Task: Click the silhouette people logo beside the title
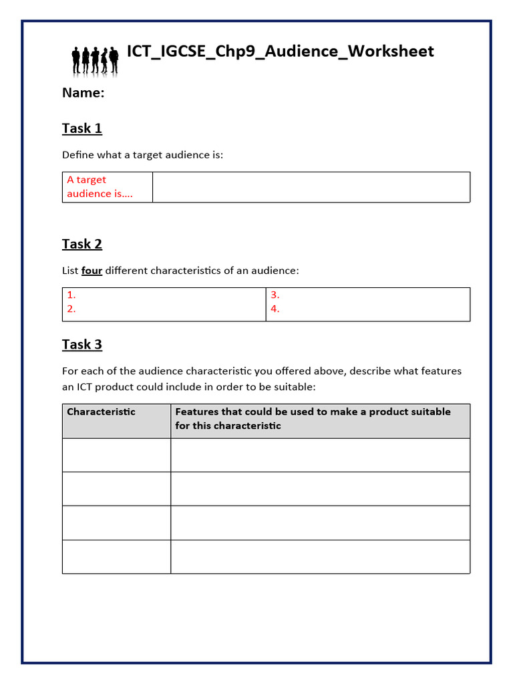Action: [x=94, y=59]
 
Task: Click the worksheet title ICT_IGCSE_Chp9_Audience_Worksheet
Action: [x=280, y=51]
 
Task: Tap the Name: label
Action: [x=83, y=93]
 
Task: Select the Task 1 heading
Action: [x=82, y=128]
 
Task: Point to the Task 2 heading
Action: [x=82, y=244]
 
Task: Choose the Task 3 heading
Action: [x=82, y=345]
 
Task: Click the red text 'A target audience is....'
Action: [x=100, y=186]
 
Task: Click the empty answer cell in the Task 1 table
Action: [x=311, y=187]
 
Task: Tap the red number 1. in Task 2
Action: [x=71, y=295]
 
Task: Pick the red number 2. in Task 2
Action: [x=71, y=309]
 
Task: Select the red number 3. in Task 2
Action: [x=275, y=295]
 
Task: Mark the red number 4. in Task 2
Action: [x=275, y=309]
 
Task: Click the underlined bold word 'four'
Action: [x=92, y=271]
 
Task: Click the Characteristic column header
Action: [x=101, y=411]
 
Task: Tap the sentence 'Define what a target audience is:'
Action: [x=142, y=155]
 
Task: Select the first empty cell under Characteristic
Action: [x=116, y=455]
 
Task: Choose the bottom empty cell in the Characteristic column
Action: [x=116, y=556]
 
